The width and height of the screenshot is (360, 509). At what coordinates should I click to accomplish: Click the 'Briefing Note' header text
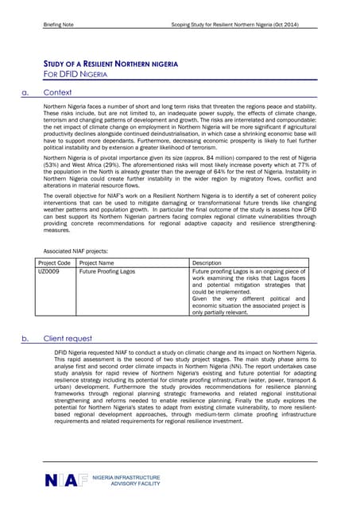pos(57,25)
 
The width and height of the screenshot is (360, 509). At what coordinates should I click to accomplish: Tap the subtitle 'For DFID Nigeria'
pos(75,74)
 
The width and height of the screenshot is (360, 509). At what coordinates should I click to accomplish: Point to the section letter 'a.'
pos(25,92)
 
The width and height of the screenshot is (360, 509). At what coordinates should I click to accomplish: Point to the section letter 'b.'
pos(25,338)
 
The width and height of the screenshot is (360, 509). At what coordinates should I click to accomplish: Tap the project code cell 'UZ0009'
pos(48,272)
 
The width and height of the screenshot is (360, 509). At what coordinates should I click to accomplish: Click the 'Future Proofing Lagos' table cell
pos(107,272)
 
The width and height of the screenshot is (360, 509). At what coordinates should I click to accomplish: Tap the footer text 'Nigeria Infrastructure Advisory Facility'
pos(126,480)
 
